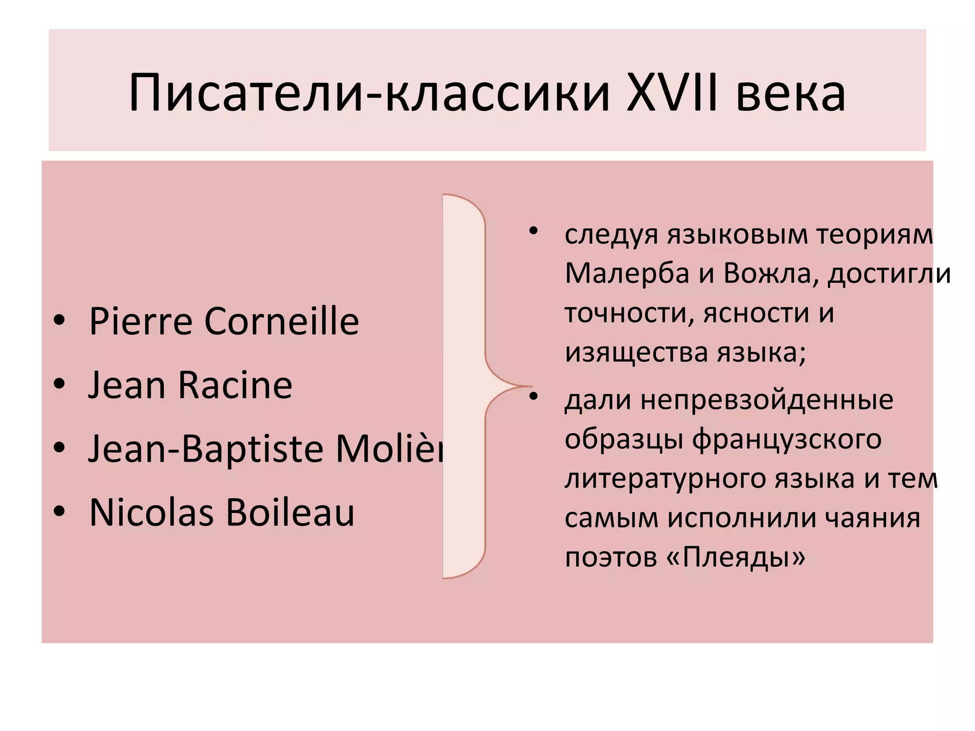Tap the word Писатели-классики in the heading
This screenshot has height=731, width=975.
click(x=369, y=93)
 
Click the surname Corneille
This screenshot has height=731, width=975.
click(x=281, y=321)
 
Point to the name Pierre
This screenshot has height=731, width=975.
click(x=140, y=321)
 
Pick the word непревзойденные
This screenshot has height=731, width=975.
click(x=766, y=400)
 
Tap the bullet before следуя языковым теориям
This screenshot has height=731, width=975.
click(x=533, y=231)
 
